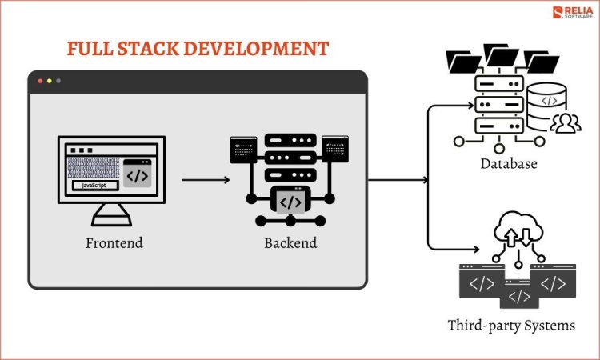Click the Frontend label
click(114, 242)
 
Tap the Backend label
click(290, 242)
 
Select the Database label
click(509, 164)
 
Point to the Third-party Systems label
click(511, 326)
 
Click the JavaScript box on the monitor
click(95, 186)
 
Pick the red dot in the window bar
click(39, 81)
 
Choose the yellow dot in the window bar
click(48, 81)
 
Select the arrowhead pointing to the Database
click(446, 104)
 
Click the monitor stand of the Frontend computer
click(111, 213)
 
